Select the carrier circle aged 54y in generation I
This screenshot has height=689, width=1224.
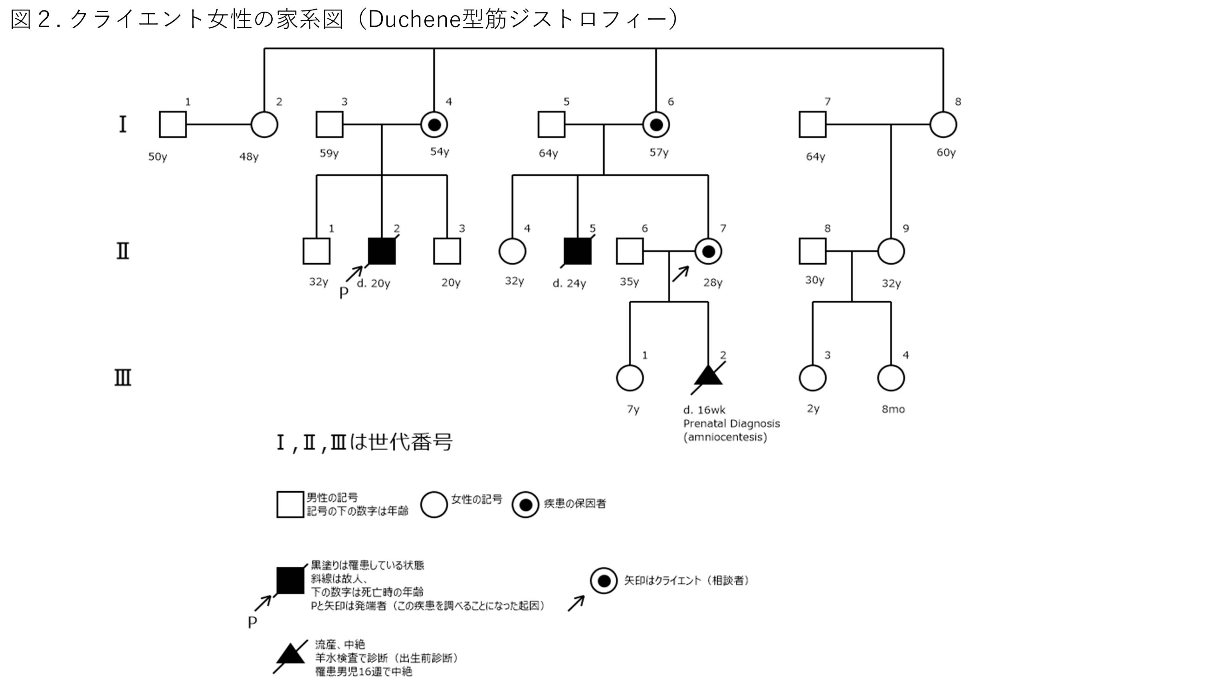434,125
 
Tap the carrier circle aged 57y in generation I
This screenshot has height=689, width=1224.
656,125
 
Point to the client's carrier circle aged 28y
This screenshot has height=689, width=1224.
708,251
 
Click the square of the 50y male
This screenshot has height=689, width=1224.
172,125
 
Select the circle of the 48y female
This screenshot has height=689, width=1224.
264,125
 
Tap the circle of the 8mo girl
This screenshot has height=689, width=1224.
890,378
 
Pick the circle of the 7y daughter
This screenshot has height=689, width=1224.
630,378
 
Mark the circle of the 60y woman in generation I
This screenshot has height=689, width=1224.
943,125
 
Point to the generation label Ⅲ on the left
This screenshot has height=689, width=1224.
123,378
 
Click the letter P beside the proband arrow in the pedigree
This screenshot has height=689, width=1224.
344,293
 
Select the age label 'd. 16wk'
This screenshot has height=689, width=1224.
704,410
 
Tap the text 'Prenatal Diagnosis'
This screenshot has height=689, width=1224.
731,424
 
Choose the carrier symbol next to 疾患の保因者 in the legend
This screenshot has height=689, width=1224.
525,504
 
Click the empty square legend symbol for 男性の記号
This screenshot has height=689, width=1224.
290,504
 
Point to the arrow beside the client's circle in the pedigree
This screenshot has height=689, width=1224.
680,274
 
